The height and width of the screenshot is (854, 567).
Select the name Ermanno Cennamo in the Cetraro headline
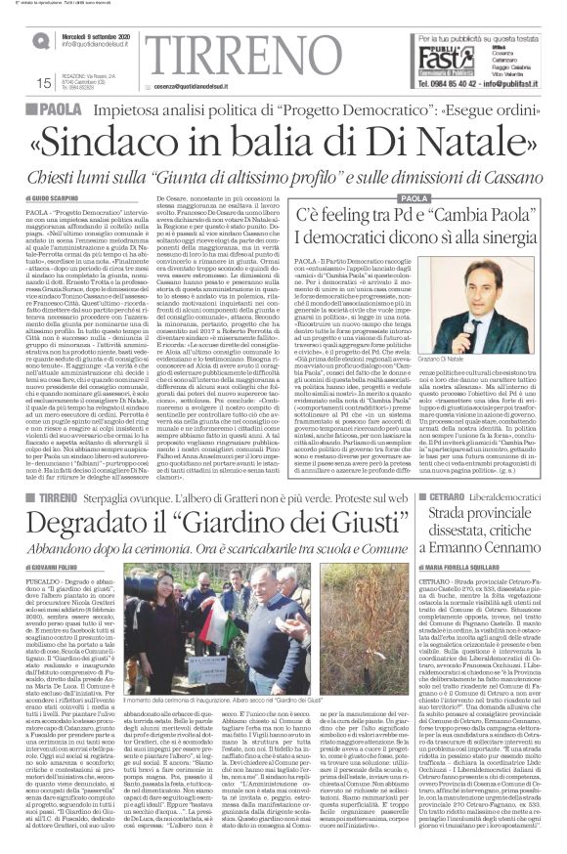click(487, 527)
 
